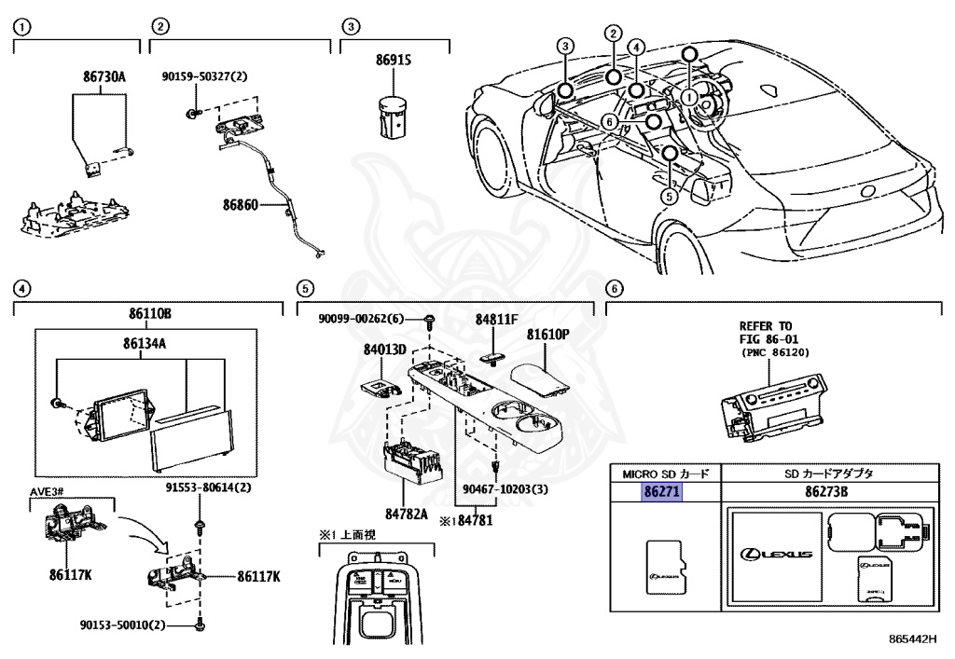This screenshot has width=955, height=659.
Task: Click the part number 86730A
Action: click(99, 76)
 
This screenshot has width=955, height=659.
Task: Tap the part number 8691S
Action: click(394, 60)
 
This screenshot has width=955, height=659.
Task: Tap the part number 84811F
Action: click(495, 319)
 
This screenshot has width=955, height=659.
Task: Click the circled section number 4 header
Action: click(21, 288)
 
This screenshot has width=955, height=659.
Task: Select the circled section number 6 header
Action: click(613, 288)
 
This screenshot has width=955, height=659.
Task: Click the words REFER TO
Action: click(767, 325)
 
